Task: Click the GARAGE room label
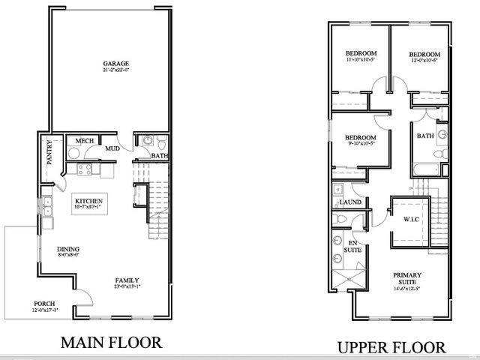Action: [116, 63]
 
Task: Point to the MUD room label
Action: [112, 148]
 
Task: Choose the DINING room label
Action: [68, 250]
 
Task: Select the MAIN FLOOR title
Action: [111, 343]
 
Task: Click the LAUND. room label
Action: [351, 202]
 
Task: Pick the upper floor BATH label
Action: [425, 136]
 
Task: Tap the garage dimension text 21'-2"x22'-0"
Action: [116, 70]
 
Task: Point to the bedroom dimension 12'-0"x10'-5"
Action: [424, 61]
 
